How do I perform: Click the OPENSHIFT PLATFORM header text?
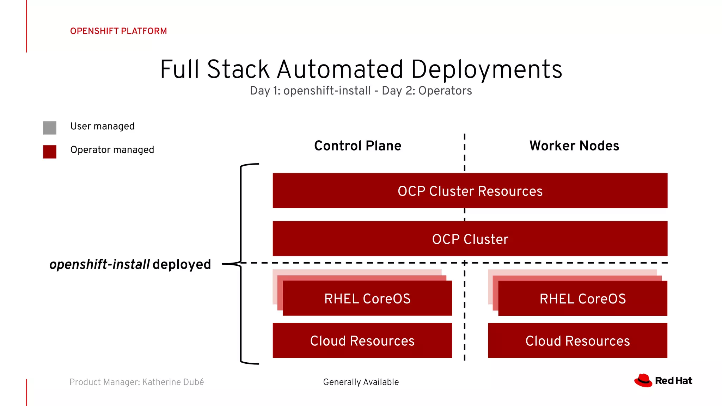[118, 31]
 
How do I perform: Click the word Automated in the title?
[340, 69]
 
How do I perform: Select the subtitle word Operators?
[445, 91]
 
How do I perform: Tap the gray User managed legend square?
[50, 128]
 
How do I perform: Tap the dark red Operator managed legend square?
[50, 152]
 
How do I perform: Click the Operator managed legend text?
[112, 150]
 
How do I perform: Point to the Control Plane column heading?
[357, 146]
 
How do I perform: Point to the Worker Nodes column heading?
[574, 146]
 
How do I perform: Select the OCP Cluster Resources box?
[470, 191]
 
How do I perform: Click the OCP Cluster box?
[470, 239]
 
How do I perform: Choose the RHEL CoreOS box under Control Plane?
[367, 299]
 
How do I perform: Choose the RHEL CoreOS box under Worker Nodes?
[582, 299]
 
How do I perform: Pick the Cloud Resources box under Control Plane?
[362, 340]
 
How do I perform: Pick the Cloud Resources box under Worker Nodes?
[577, 340]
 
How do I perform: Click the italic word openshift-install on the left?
[100, 264]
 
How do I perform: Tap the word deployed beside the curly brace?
[182, 264]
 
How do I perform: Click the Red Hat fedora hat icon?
[643, 381]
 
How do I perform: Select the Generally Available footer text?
[361, 382]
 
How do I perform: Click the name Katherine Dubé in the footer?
[173, 382]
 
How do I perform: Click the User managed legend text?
[102, 126]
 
